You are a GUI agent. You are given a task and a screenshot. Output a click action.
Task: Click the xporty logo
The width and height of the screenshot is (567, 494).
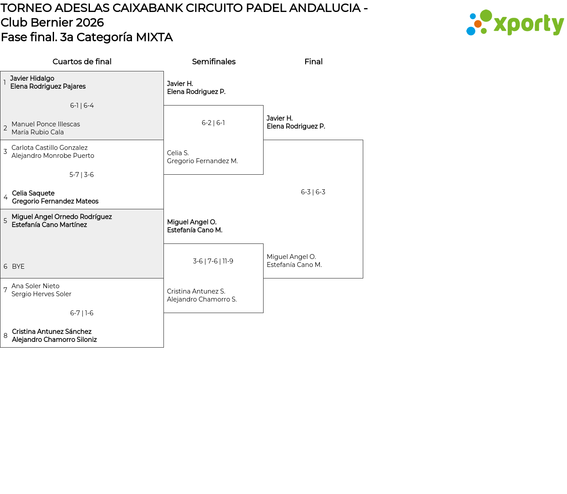tap(515, 23)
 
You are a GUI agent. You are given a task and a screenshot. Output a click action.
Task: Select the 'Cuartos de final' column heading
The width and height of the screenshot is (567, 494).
tap(82, 62)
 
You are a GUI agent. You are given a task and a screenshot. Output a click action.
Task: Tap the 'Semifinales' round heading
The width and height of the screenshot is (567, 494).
tap(214, 62)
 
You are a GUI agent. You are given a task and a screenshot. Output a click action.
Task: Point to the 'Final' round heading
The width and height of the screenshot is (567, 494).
tap(313, 62)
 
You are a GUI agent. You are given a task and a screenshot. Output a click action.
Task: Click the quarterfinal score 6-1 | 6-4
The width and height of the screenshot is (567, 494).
tap(82, 106)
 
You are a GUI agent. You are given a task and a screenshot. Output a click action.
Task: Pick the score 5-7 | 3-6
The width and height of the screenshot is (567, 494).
tap(82, 175)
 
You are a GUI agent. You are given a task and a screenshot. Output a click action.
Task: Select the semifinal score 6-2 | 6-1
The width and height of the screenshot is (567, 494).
tap(213, 123)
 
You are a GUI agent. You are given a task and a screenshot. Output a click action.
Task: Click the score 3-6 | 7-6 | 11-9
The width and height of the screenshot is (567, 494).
tap(213, 261)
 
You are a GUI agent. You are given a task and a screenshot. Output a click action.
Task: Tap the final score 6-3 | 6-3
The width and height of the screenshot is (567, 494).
tap(313, 192)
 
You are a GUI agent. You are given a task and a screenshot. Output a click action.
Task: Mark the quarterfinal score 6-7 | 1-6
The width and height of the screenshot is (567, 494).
tap(82, 313)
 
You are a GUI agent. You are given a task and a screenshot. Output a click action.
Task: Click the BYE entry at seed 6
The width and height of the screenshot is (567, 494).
tap(18, 267)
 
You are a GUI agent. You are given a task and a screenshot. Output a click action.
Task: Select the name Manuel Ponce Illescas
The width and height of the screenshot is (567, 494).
tap(46, 124)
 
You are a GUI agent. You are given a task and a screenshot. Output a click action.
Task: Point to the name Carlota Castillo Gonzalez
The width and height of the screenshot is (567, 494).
tap(50, 148)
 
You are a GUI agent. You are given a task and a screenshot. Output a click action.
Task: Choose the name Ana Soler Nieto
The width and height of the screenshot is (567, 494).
tap(35, 286)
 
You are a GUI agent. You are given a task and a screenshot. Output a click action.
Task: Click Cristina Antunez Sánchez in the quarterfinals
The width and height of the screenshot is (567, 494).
tap(52, 332)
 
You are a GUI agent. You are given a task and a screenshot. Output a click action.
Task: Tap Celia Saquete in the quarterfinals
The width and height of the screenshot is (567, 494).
tap(33, 193)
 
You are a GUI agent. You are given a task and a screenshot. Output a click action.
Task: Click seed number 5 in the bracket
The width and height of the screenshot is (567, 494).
tap(5, 221)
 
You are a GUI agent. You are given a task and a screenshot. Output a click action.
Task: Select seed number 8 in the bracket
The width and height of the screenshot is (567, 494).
tap(5, 336)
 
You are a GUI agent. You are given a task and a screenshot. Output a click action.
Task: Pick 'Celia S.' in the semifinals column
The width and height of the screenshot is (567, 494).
tap(178, 153)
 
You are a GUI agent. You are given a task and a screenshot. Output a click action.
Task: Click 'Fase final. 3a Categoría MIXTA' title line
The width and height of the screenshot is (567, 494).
tap(87, 37)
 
